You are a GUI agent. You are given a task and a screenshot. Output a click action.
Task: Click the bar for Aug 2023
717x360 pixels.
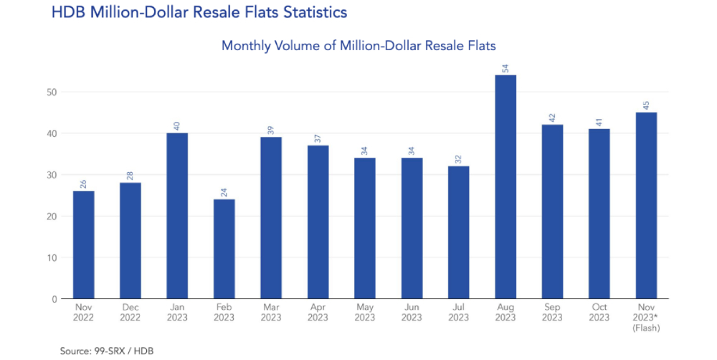click(x=505, y=186)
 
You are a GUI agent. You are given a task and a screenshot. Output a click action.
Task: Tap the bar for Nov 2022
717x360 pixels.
click(x=83, y=245)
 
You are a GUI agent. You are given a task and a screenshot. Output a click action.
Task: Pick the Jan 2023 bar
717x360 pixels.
click(x=177, y=215)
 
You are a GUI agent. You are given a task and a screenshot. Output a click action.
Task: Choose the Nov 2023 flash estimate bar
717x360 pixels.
click(x=646, y=205)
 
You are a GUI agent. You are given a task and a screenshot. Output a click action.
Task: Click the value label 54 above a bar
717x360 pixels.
click(x=505, y=68)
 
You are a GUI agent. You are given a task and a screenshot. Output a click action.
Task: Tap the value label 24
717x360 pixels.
click(x=224, y=192)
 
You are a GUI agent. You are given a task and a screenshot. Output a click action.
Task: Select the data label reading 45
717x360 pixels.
click(x=646, y=105)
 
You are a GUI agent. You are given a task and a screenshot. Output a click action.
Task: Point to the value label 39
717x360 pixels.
click(x=271, y=130)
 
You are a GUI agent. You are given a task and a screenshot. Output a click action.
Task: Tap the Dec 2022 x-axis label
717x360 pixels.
click(x=130, y=313)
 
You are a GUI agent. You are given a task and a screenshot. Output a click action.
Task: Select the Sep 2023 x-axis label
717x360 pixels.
click(x=552, y=313)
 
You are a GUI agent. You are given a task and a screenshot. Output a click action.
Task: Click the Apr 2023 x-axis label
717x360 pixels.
click(x=318, y=313)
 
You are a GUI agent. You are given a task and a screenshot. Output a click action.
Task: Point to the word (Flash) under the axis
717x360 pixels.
click(x=646, y=328)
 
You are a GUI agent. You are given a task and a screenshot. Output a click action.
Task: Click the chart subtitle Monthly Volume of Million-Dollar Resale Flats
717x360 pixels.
click(x=358, y=45)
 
